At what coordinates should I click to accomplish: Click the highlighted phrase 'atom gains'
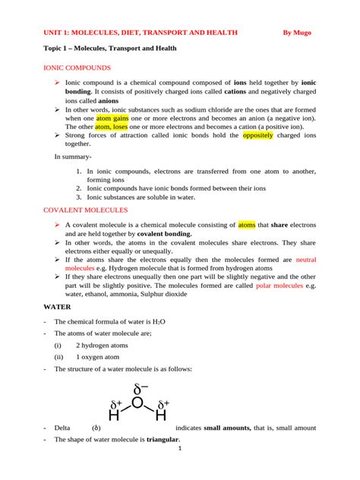pos(113,118)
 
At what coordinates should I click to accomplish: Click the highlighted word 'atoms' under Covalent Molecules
pos(247,226)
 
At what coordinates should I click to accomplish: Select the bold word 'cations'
pos(236,91)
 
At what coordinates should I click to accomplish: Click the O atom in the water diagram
pos(137,402)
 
